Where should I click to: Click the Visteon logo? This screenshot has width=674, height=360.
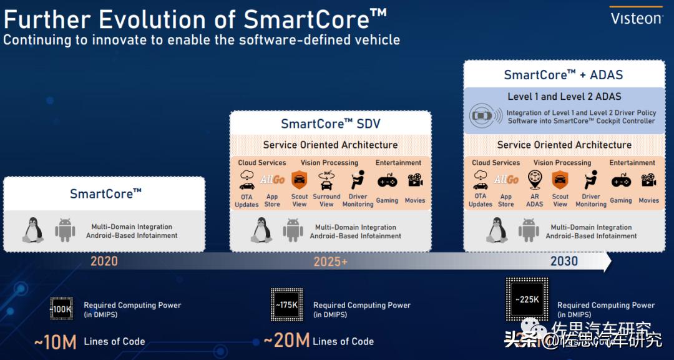[636, 17]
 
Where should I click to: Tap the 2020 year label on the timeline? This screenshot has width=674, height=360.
[104, 261]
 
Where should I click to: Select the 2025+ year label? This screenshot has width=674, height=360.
[331, 261]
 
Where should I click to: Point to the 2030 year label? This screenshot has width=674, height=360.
[564, 261]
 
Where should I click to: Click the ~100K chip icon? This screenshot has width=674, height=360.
[61, 309]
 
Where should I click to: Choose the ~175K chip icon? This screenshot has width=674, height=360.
[286, 305]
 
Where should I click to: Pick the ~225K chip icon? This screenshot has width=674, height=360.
[527, 299]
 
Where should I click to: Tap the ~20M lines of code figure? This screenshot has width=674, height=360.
[286, 341]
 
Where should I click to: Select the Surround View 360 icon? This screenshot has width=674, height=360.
[326, 181]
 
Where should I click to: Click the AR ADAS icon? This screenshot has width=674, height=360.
[534, 180]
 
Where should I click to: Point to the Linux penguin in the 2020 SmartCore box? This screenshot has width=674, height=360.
[33, 231]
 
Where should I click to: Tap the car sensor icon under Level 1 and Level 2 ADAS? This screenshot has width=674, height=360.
[484, 116]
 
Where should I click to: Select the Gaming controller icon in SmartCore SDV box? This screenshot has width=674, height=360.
[387, 181]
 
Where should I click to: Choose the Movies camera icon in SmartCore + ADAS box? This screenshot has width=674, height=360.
[648, 180]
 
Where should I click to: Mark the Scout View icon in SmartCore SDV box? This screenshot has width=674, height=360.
[300, 181]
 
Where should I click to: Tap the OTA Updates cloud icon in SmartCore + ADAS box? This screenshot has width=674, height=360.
[480, 181]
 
